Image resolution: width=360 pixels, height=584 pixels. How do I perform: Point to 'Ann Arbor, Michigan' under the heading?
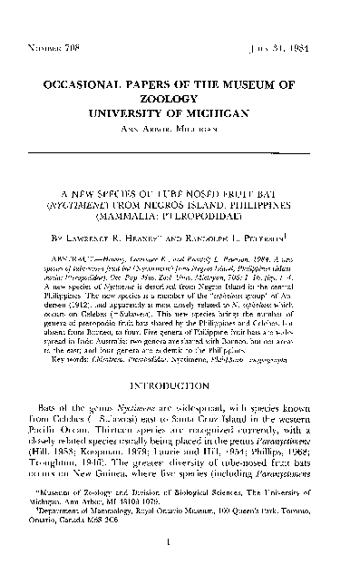pyautogui.click(x=180, y=134)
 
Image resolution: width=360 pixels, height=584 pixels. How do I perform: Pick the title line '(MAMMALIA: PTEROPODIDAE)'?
pyautogui.click(x=180, y=219)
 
